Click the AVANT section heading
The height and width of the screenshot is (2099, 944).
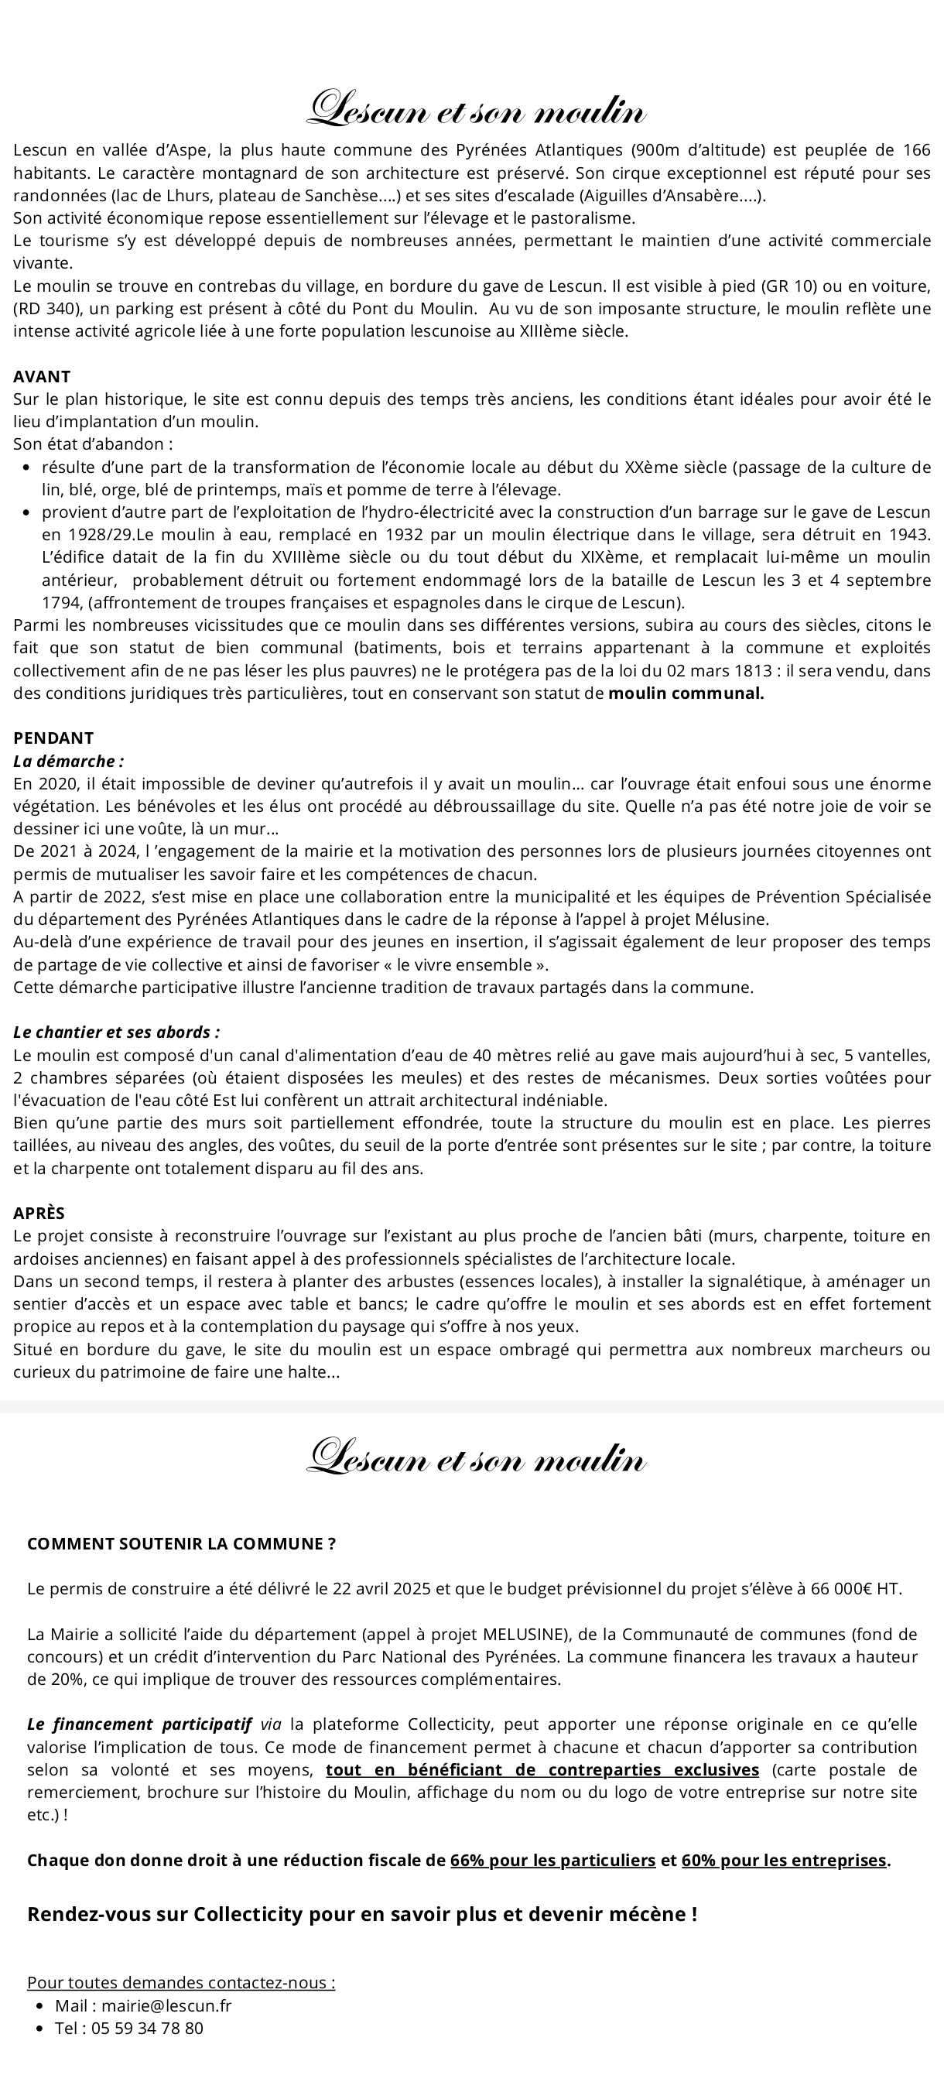tap(42, 376)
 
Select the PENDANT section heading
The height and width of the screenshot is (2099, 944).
tap(53, 738)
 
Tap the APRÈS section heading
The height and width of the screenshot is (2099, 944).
tap(38, 1214)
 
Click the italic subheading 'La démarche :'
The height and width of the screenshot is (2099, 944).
tap(68, 761)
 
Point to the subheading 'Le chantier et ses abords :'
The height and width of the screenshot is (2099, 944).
tap(117, 1032)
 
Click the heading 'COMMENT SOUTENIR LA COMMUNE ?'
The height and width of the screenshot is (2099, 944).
tap(181, 1543)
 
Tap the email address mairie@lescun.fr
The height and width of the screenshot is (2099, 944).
tap(166, 2005)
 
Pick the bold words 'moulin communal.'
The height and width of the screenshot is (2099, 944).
tap(686, 693)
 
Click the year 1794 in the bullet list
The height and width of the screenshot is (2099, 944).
tap(59, 603)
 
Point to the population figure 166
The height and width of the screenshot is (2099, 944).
tap(916, 150)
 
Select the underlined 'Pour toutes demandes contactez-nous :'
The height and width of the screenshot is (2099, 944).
tap(181, 1982)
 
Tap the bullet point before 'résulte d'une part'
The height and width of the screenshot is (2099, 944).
tap(27, 467)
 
